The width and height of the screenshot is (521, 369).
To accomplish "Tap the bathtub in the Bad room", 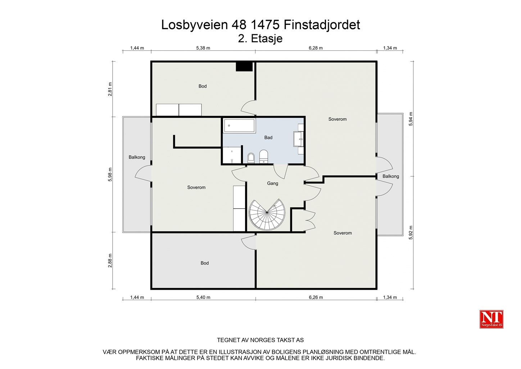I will click(x=239, y=126).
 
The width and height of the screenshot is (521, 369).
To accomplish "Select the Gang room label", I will click(x=272, y=183).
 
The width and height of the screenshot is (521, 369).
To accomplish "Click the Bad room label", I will click(x=268, y=137).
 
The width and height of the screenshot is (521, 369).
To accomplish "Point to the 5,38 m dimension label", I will click(x=203, y=48).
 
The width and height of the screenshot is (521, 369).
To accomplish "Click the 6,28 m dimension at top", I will click(x=316, y=48).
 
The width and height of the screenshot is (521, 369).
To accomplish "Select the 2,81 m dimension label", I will click(x=110, y=89).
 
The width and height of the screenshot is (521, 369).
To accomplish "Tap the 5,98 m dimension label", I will click(x=110, y=175).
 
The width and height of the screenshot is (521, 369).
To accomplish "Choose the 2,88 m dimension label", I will click(x=110, y=261).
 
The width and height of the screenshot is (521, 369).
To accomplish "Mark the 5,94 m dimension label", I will click(x=411, y=119).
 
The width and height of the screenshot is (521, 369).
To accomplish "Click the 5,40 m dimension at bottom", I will click(x=203, y=297).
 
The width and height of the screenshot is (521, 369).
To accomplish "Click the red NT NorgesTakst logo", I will click(x=491, y=319).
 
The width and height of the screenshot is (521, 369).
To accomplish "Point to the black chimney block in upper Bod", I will click(x=244, y=67).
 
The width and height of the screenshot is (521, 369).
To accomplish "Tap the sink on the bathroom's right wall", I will click(x=298, y=139).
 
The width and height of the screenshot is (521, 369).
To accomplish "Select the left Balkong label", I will click(x=137, y=157).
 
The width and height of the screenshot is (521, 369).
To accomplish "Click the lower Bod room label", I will click(x=204, y=263).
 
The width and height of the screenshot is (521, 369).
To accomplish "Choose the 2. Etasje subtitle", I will click(x=260, y=39).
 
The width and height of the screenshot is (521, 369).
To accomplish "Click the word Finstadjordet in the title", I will click(x=322, y=25).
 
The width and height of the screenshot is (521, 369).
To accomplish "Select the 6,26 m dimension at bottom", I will click(x=316, y=297).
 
